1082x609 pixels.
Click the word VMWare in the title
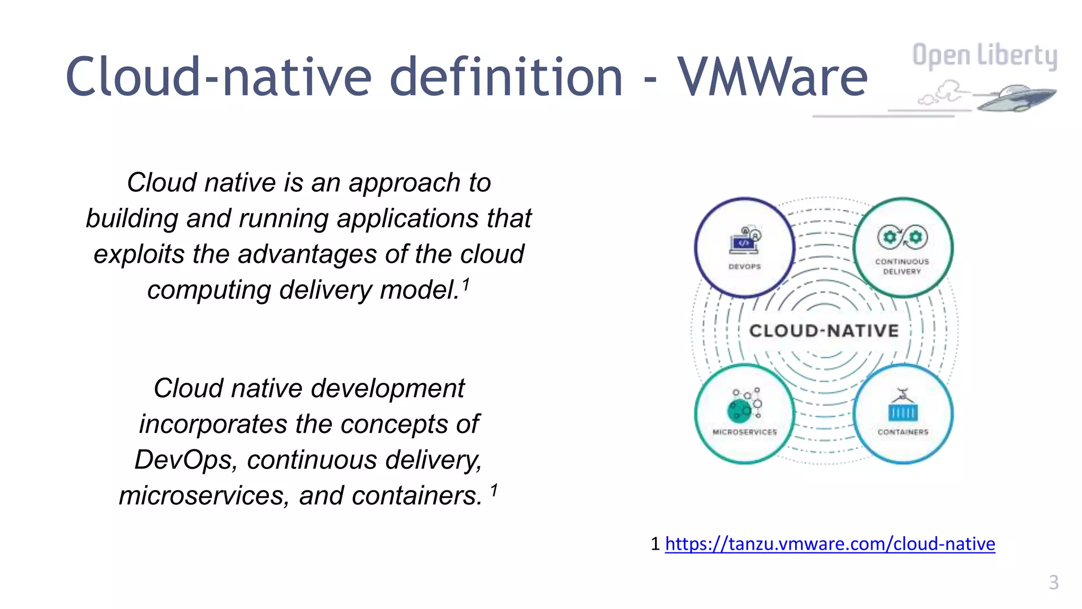click(772, 78)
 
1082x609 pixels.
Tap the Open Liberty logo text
click(985, 56)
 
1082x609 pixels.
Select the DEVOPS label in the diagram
click(744, 266)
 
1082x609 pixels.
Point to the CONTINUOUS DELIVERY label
click(902, 266)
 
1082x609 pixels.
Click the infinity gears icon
click(902, 237)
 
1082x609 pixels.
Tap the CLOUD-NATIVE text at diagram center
click(824, 331)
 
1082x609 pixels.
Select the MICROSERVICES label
click(744, 432)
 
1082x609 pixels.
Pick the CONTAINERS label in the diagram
click(903, 432)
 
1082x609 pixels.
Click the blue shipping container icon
click(903, 411)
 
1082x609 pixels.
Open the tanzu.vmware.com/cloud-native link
click(829, 543)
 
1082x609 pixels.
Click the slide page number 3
click(1053, 582)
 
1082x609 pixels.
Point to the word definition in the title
click(506, 78)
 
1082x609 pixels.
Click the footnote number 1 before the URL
click(655, 543)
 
